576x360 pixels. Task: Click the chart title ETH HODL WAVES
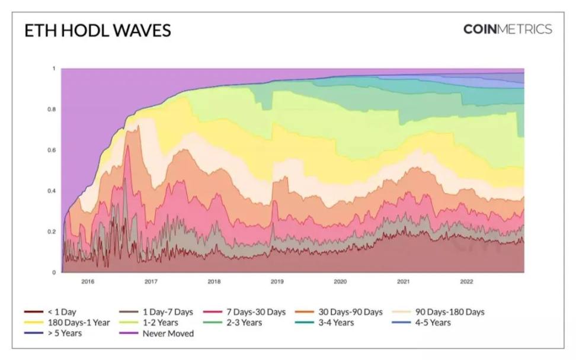[x=98, y=31]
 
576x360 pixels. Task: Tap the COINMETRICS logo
[x=507, y=29]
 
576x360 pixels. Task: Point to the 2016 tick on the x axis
[x=88, y=282]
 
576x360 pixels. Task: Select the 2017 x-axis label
[x=151, y=282]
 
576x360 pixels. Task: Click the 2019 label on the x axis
[x=277, y=282]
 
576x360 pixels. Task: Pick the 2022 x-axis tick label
[x=466, y=282]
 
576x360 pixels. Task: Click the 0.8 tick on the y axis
[x=52, y=110]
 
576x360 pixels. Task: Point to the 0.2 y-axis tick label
[x=52, y=232]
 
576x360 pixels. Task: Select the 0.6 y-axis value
[x=52, y=150]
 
